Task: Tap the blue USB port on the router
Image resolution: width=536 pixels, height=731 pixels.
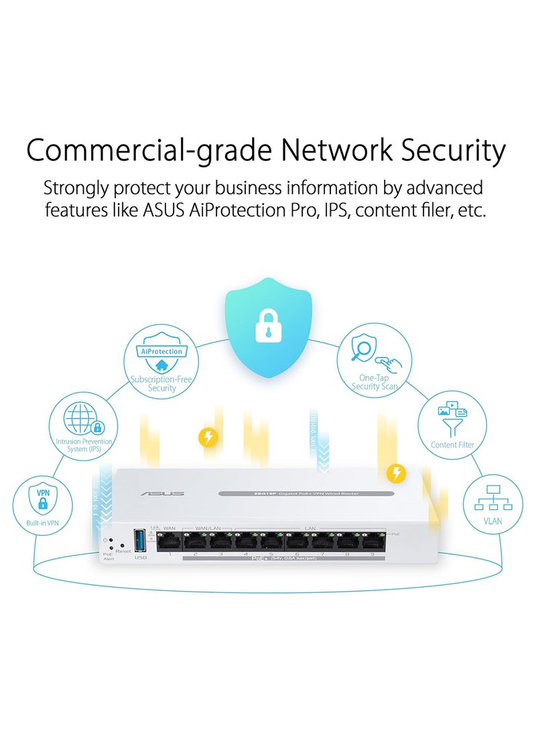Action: [139, 541]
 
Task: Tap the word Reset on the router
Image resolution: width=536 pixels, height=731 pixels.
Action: [123, 550]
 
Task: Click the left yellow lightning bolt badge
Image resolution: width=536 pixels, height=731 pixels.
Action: [209, 438]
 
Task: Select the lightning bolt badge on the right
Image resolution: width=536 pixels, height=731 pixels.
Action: [397, 474]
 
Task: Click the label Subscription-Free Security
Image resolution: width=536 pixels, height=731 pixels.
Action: [161, 383]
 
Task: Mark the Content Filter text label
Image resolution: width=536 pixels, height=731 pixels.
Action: [452, 445]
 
